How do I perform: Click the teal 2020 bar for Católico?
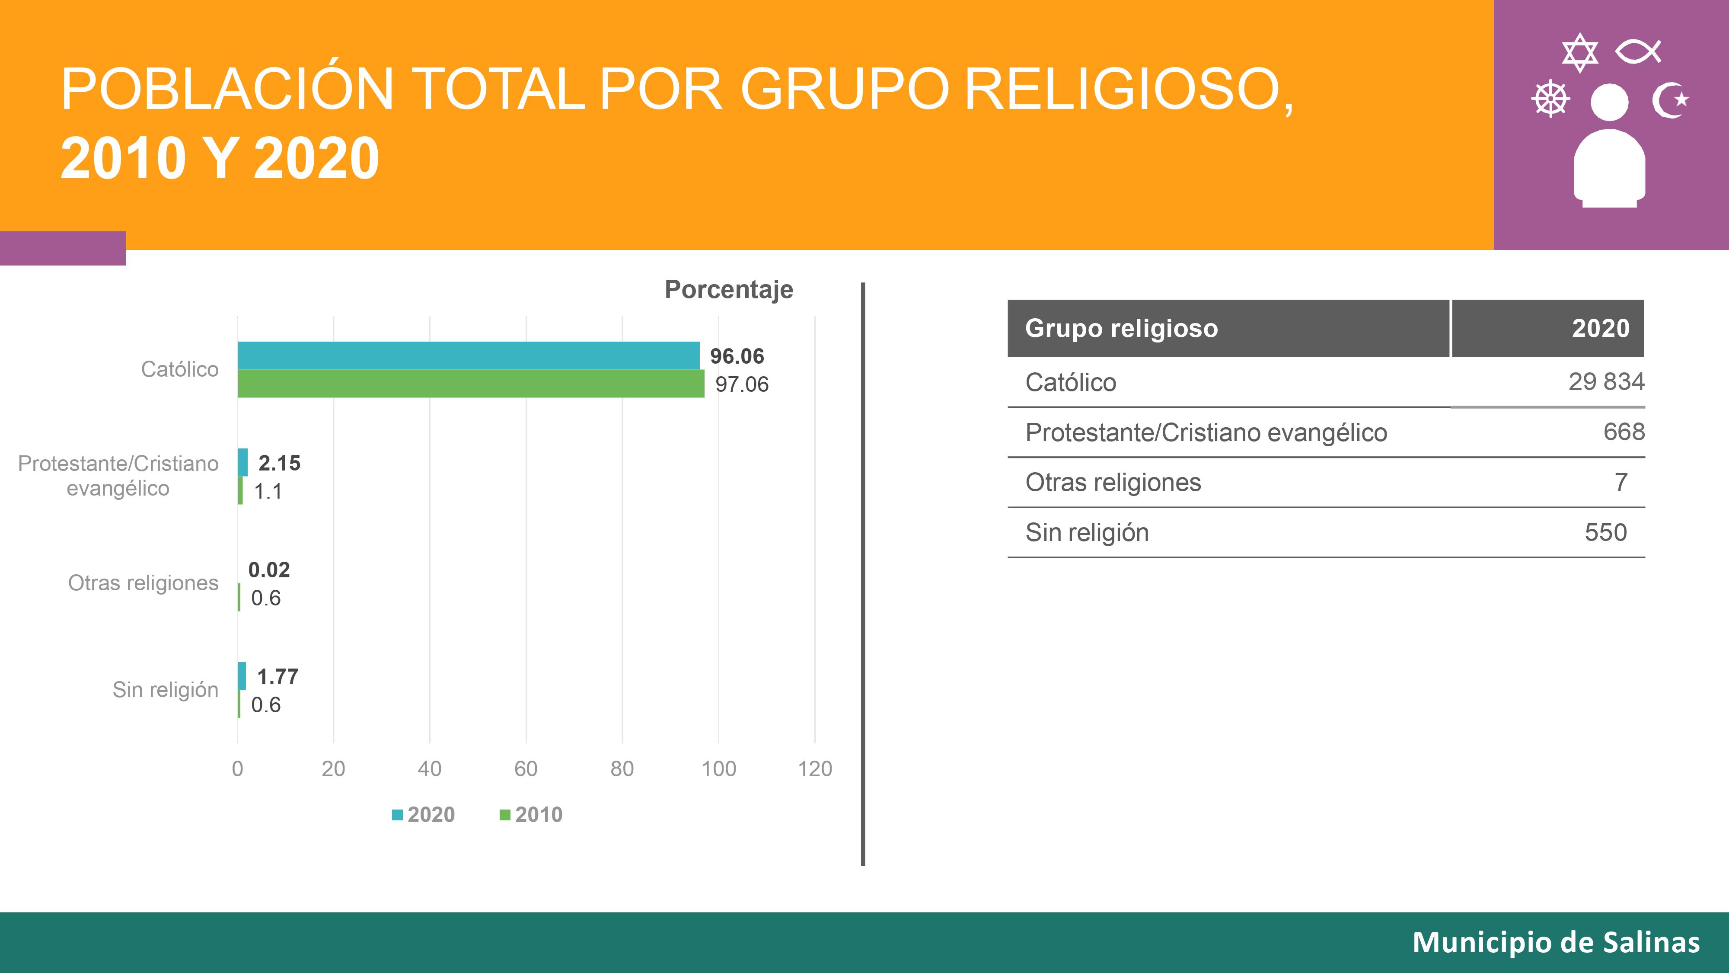(469, 355)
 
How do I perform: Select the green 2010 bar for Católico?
(471, 384)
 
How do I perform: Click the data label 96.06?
(737, 356)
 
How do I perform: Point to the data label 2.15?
(279, 463)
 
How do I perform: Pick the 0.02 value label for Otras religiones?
(269, 570)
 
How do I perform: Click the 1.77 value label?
(277, 676)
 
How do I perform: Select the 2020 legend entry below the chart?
(424, 815)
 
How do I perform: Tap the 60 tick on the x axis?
(526, 768)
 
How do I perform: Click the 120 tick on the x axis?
(815, 768)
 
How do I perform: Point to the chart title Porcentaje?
(729, 289)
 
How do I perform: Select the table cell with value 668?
(1624, 432)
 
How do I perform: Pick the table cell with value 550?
(1605, 532)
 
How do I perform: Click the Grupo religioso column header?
(1122, 328)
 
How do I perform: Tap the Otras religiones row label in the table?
(1113, 482)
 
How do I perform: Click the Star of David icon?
(1580, 52)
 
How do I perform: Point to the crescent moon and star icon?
(1669, 101)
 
